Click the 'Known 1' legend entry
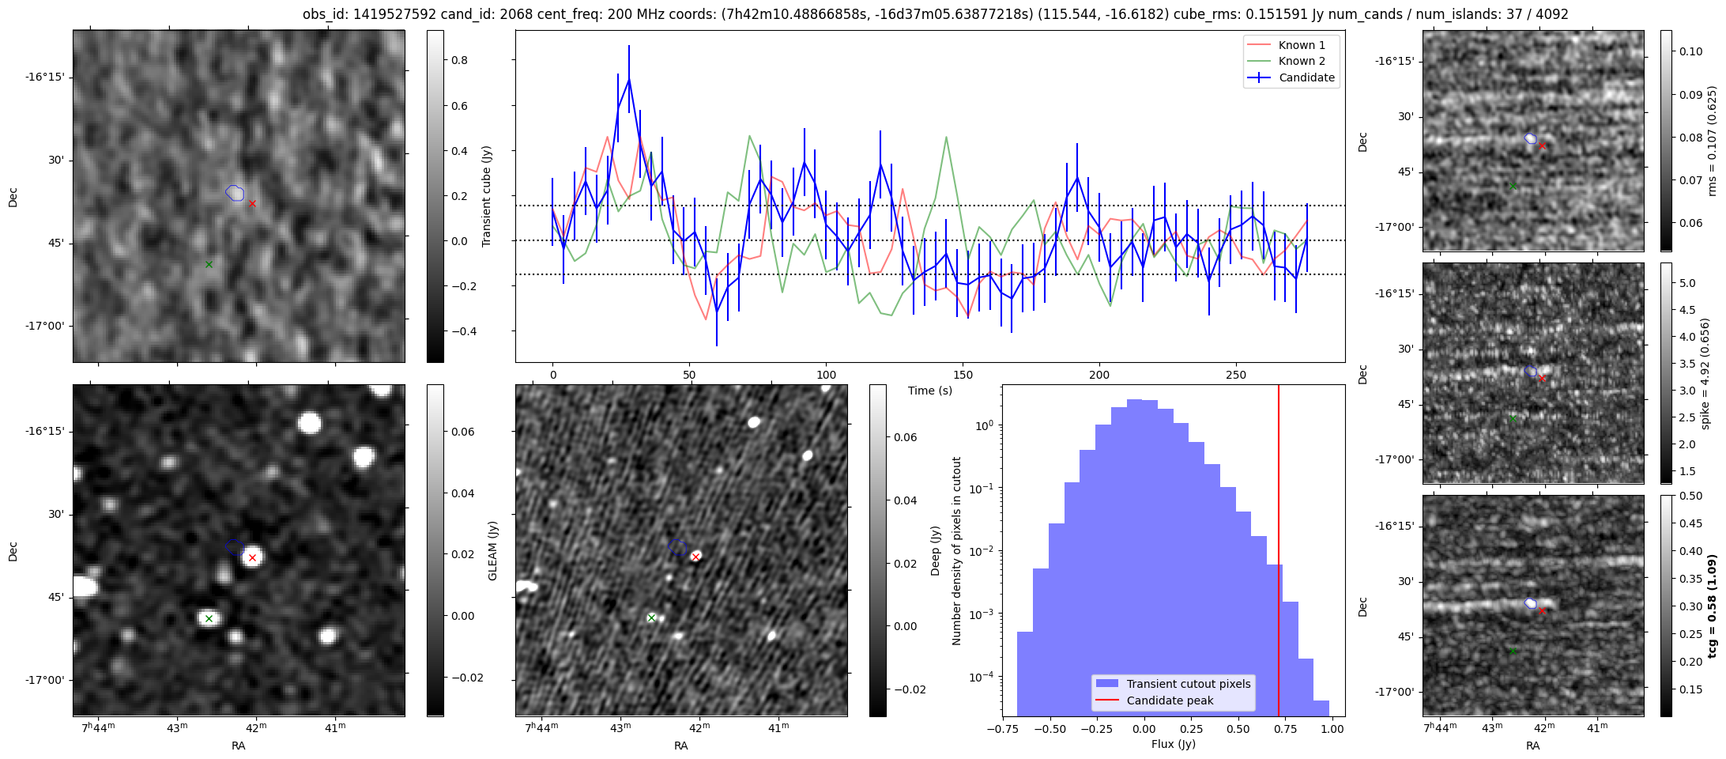pyautogui.click(x=1301, y=45)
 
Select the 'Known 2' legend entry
pyautogui.click(x=1301, y=61)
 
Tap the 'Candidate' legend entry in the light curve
pyautogui.click(x=1306, y=77)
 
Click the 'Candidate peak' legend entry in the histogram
pyautogui.click(x=1170, y=700)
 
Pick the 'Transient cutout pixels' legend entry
pyautogui.click(x=1188, y=684)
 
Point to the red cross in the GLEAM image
pyautogui.click(x=252, y=558)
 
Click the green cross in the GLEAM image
pyautogui.click(x=209, y=618)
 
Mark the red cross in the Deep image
pyautogui.click(x=695, y=557)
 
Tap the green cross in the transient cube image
pyautogui.click(x=209, y=264)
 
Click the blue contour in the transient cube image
pyautogui.click(x=235, y=192)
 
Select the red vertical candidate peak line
pyautogui.click(x=1278, y=553)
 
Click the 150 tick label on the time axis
pyautogui.click(x=963, y=375)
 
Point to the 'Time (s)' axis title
pyautogui.click(x=929, y=391)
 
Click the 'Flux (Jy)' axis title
pyautogui.click(x=1173, y=744)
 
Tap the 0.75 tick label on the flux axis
pyautogui.click(x=1286, y=729)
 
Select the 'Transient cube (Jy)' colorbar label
pyautogui.click(x=487, y=196)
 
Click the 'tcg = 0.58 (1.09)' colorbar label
pyautogui.click(x=1712, y=606)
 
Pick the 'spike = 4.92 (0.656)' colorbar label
pyautogui.click(x=1705, y=374)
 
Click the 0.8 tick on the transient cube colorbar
pyautogui.click(x=459, y=60)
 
